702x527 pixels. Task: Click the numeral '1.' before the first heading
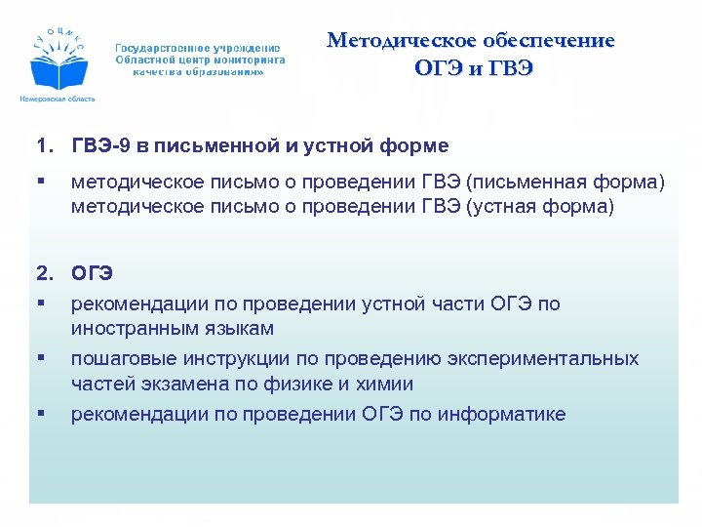(x=44, y=146)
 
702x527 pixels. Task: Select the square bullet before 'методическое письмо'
(x=40, y=182)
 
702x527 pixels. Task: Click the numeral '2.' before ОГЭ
(x=44, y=274)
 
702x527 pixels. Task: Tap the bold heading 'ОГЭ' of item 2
(x=93, y=274)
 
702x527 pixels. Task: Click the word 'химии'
(x=385, y=384)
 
